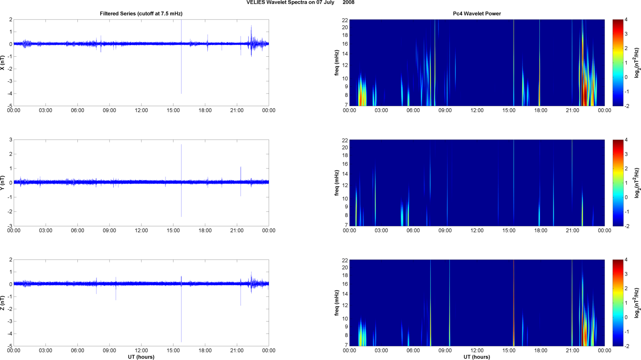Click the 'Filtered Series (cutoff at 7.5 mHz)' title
(x=141, y=14)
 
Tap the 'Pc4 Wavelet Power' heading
(x=477, y=14)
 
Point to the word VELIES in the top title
(x=256, y=3)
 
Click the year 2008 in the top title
(x=349, y=3)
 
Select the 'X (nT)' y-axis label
(x=3, y=63)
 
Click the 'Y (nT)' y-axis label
(x=3, y=183)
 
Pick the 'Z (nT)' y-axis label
(x=3, y=303)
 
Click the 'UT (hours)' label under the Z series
(x=141, y=357)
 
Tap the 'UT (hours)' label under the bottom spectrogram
(x=477, y=357)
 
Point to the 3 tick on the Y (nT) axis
(x=11, y=140)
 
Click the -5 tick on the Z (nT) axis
(x=9, y=346)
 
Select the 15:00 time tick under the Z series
(x=173, y=350)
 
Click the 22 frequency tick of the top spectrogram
(x=345, y=20)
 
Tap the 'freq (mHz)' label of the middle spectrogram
(x=336, y=183)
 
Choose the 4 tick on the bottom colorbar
(x=626, y=260)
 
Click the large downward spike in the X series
(x=181, y=80)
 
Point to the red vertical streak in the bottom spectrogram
(x=514, y=303)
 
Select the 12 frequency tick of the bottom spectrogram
(x=345, y=305)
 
